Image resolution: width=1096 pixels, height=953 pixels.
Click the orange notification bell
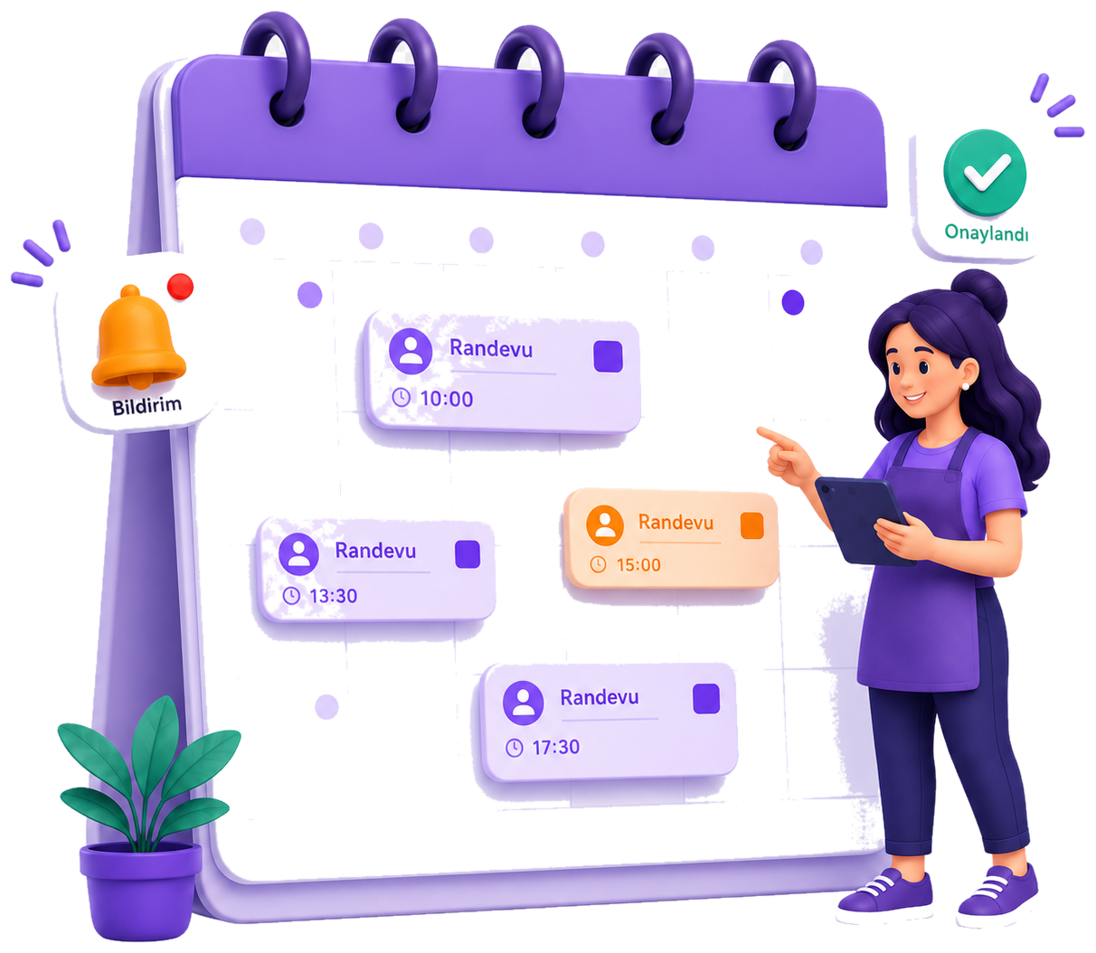pyautogui.click(x=138, y=336)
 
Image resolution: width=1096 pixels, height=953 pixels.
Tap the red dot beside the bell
pyautogui.click(x=180, y=287)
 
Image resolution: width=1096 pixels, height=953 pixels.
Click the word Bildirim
pyautogui.click(x=146, y=405)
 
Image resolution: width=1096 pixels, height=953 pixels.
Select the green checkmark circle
pyautogui.click(x=985, y=173)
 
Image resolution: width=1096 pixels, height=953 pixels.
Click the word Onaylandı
pyautogui.click(x=987, y=233)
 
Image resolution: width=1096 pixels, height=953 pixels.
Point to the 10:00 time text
pyautogui.click(x=446, y=399)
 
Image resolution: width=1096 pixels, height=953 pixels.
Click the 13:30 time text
pyautogui.click(x=333, y=595)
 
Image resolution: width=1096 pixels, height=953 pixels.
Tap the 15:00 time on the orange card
pyautogui.click(x=638, y=564)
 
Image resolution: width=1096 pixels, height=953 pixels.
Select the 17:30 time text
pyautogui.click(x=555, y=747)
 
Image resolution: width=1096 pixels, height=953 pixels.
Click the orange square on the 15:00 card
pyautogui.click(x=751, y=524)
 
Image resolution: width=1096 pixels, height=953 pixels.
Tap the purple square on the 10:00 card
pyautogui.click(x=608, y=356)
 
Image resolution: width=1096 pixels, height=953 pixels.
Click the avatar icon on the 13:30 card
pyautogui.click(x=298, y=553)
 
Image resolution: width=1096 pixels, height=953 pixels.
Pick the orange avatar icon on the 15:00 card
pyautogui.click(x=605, y=525)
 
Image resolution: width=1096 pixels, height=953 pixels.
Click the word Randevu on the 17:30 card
pyautogui.click(x=600, y=697)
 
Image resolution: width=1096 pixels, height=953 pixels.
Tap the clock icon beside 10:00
pyautogui.click(x=402, y=398)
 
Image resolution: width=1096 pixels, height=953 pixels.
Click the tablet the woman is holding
pyautogui.click(x=860, y=519)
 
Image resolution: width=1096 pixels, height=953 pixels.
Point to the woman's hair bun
pyautogui.click(x=978, y=296)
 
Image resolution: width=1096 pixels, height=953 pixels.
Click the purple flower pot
pyautogui.click(x=140, y=890)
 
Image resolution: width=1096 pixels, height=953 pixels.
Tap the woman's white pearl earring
pyautogui.click(x=965, y=386)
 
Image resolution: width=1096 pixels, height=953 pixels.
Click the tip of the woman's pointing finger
pyautogui.click(x=759, y=429)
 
